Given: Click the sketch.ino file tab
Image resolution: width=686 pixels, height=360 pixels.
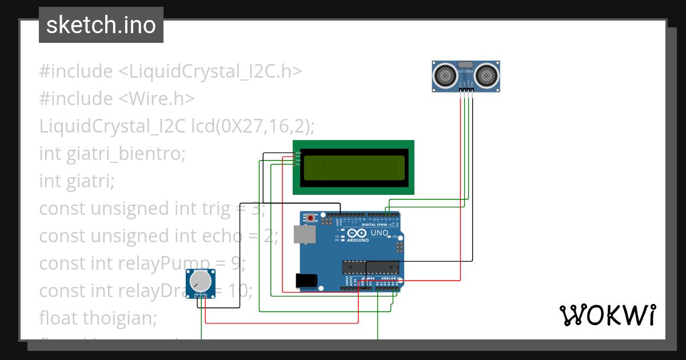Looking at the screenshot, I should pos(101,25).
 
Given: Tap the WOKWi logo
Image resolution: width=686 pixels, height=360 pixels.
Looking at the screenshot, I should pos(607,315).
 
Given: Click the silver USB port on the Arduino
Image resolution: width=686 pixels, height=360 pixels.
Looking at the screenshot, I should pos(304,234).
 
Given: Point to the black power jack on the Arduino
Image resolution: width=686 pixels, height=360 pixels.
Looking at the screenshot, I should pos(306,280).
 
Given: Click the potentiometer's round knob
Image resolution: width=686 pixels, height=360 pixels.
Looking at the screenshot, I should pos(201,281).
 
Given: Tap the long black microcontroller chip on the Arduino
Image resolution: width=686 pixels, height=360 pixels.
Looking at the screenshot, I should pos(369,266).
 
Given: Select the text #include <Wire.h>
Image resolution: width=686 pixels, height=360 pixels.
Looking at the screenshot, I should pos(117,99).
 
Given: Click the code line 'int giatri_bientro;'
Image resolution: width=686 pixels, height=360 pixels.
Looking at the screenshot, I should pos(112,154).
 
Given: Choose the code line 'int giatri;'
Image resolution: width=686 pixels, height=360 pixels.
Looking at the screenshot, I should pos(77,181).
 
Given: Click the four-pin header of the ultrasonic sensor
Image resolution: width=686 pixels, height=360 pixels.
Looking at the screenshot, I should pos(466,90).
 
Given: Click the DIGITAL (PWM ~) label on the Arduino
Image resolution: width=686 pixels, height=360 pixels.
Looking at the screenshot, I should pos(380,225).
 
